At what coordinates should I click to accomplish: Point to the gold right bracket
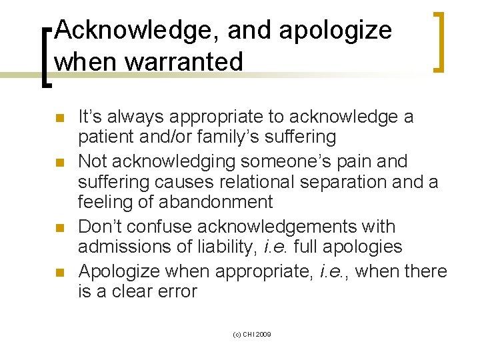tap(439, 41)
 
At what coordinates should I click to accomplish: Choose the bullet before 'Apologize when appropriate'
tap(59, 273)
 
